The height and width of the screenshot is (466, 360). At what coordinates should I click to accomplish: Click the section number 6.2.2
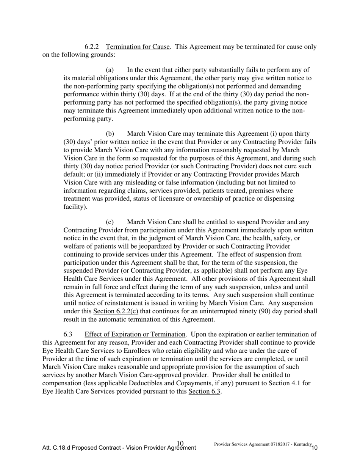[92, 47]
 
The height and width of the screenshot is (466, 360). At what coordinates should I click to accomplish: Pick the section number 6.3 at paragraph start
[68, 335]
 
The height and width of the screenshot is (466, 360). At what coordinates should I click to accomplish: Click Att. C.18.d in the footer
[56, 448]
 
